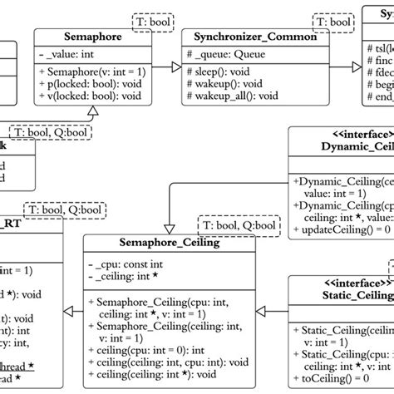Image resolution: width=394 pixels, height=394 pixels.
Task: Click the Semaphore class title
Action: click(93, 37)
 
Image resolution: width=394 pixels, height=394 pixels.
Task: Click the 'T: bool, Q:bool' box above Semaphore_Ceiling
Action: click(235, 224)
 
